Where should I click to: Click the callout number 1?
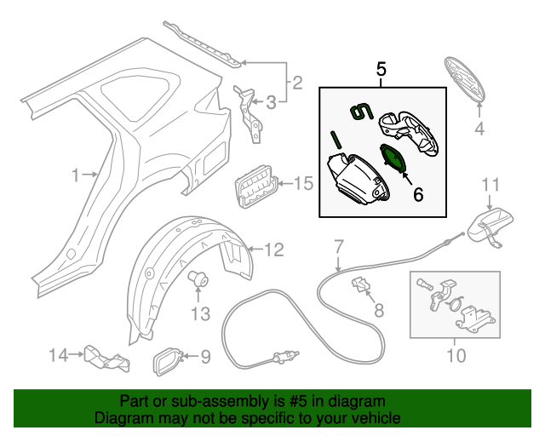(77, 175)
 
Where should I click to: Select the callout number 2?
(297, 83)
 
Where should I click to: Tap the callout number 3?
(272, 104)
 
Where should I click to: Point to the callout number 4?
(479, 129)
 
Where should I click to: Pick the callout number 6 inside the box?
(417, 194)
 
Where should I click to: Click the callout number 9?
(204, 357)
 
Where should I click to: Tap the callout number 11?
(491, 185)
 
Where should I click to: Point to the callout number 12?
(272, 250)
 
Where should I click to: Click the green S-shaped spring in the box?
(362, 109)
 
